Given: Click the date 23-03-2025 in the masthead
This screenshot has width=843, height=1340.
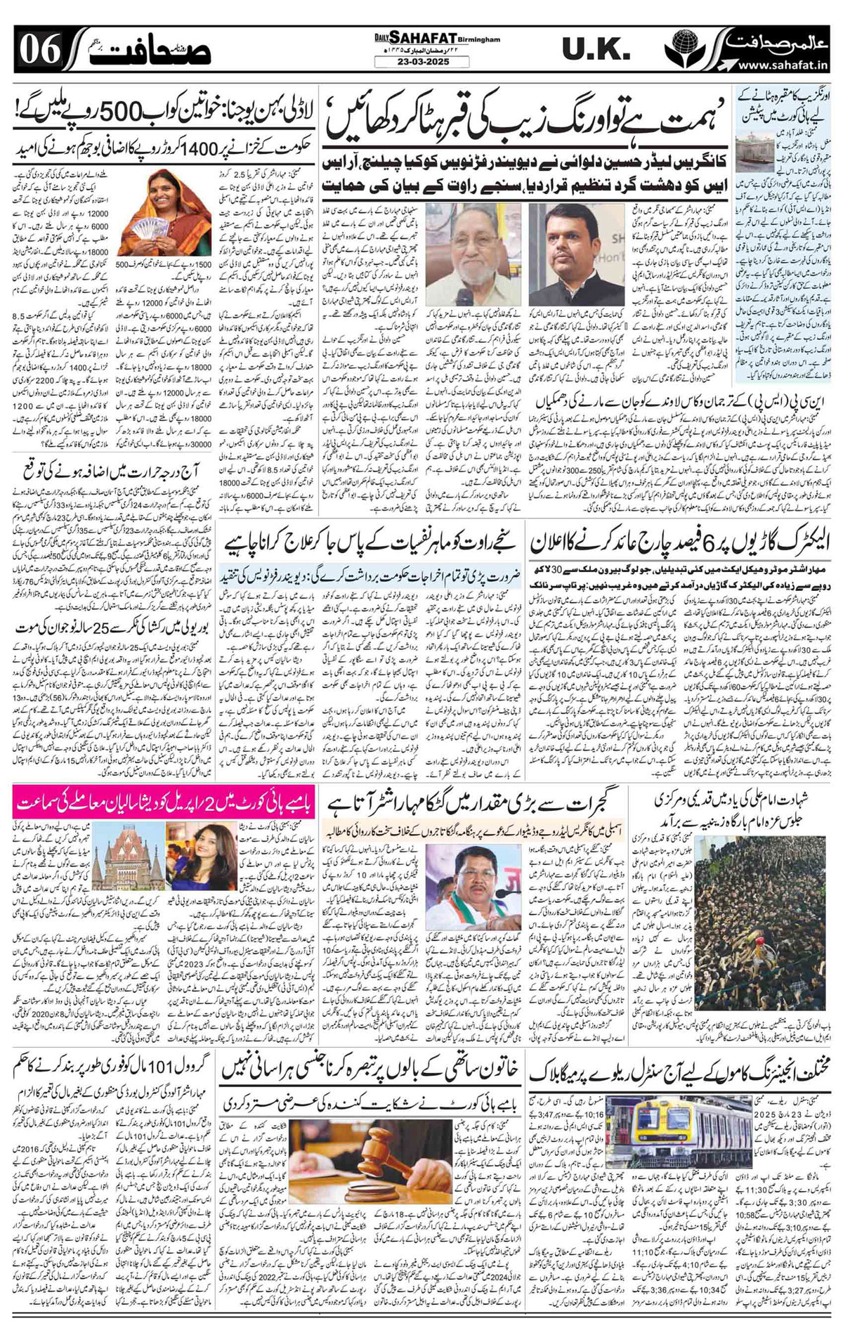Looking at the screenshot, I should pos(422,61).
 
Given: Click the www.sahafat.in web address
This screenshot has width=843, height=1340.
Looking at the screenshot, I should pos(787,65).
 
